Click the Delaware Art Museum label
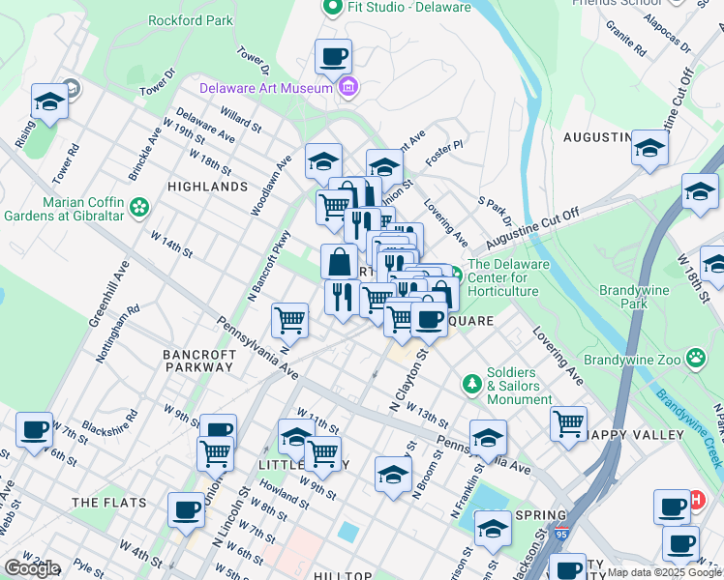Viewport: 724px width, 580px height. (x=266, y=88)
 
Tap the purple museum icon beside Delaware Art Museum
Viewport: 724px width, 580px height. (x=347, y=88)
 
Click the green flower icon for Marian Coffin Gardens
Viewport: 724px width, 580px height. (x=140, y=206)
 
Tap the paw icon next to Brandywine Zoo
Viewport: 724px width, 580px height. (x=695, y=360)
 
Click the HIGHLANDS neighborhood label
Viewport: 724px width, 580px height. (x=207, y=186)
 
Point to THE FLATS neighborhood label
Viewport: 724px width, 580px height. (x=108, y=503)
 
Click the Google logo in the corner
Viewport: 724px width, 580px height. (x=31, y=568)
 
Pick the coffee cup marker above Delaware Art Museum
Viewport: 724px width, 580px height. (x=333, y=56)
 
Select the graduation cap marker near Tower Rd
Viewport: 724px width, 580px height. (x=48, y=101)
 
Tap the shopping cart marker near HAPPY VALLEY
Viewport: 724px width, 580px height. (x=568, y=422)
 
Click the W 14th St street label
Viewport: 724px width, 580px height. (x=171, y=243)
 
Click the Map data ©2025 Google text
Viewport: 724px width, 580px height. (x=663, y=572)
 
